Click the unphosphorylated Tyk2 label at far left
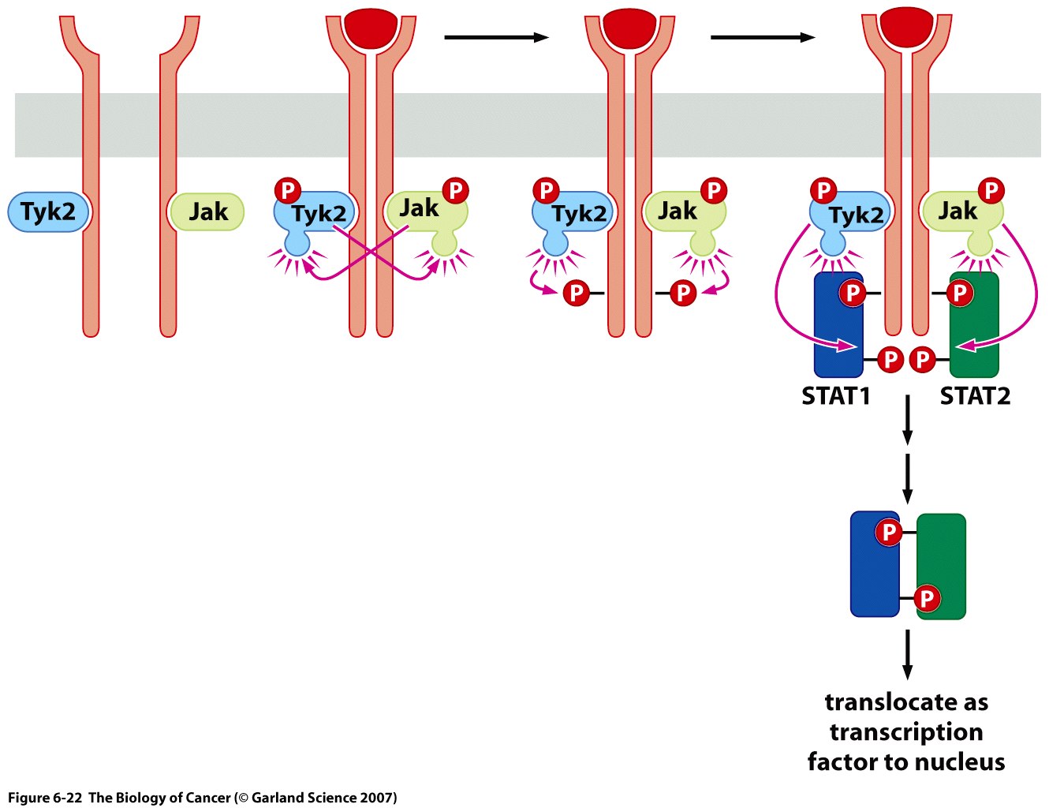[48, 211]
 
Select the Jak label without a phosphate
[207, 211]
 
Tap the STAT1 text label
[835, 396]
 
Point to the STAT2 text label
[975, 396]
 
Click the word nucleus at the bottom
[958, 762]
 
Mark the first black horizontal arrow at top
[496, 37]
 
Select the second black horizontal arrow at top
[763, 37]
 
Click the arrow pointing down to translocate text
[907, 655]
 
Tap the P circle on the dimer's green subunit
[927, 599]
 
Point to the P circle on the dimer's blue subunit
[889, 533]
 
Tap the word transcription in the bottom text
[906, 732]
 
